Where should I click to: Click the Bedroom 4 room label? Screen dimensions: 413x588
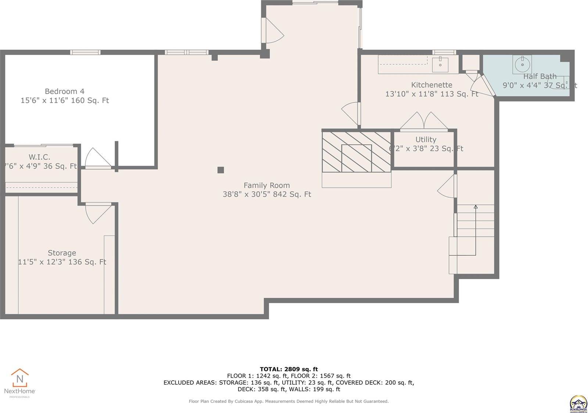point(64,91)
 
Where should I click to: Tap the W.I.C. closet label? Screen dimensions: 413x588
point(39,157)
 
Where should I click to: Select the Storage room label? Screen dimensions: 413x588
point(62,253)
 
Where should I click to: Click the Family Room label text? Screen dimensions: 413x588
point(266,185)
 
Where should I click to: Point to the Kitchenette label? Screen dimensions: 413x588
point(431,85)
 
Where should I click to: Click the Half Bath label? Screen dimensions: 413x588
point(539,76)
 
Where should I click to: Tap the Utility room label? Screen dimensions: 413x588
point(426,139)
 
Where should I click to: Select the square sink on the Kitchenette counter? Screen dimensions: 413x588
point(440,65)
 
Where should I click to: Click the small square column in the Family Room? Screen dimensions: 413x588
point(220,170)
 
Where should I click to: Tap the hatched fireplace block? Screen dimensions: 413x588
point(356,152)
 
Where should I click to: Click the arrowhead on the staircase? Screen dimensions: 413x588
point(476,207)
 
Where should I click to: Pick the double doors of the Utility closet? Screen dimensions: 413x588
point(424,121)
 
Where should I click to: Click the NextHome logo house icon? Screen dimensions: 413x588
point(19,378)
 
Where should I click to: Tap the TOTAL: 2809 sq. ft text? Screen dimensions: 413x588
point(288,369)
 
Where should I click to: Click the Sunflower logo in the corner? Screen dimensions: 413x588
point(578,403)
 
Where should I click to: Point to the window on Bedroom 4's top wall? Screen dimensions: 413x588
point(85,52)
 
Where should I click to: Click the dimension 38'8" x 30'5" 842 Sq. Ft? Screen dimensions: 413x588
point(266,194)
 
